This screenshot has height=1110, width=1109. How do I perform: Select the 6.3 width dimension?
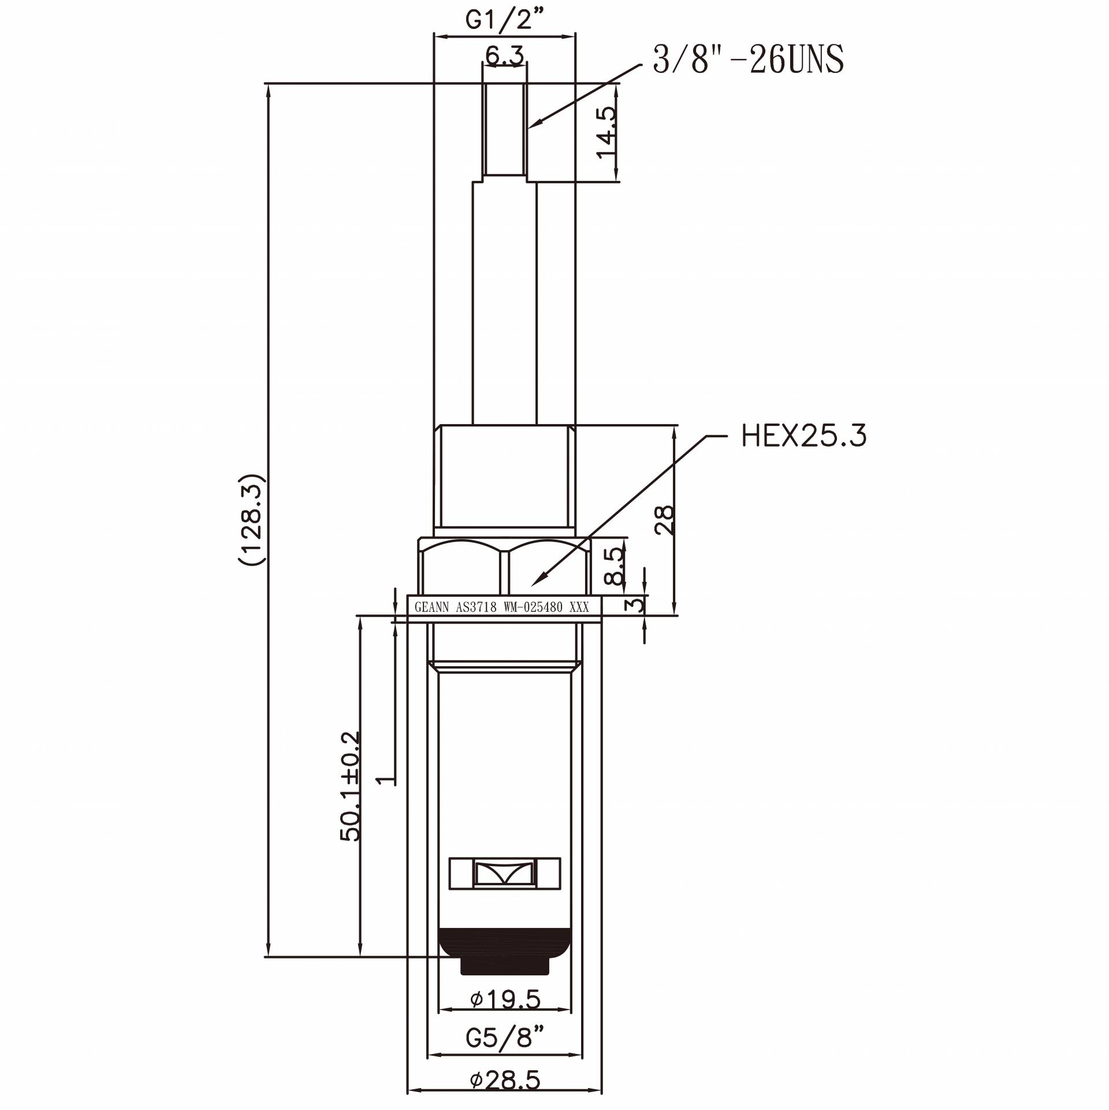click(x=504, y=56)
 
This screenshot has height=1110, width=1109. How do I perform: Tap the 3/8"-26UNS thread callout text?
click(x=748, y=60)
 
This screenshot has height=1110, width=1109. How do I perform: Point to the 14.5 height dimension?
click(x=606, y=132)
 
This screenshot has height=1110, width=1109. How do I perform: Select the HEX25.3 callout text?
click(x=803, y=436)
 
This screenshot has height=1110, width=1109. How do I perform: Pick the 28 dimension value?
click(x=665, y=520)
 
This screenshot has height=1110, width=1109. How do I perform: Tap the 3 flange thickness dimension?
click(x=635, y=605)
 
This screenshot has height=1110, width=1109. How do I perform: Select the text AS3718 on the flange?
click(x=476, y=607)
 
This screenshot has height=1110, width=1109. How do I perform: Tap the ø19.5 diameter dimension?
click(x=505, y=999)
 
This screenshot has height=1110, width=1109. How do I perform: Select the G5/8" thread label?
click(x=505, y=1038)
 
